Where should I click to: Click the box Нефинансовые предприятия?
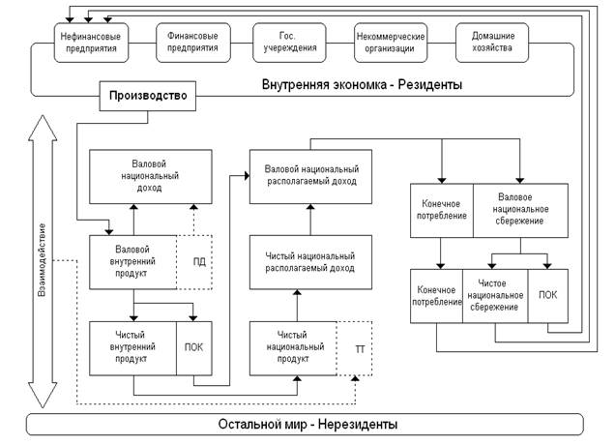(x=91, y=43)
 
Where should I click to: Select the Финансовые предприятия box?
(x=193, y=43)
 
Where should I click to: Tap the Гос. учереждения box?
(x=289, y=43)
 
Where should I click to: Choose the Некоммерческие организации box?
(x=391, y=43)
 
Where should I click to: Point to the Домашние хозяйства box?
(x=492, y=43)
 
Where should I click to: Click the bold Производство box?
(x=148, y=96)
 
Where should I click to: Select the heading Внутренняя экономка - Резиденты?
(x=362, y=84)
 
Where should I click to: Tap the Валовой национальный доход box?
(x=151, y=177)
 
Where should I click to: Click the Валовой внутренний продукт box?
(x=133, y=262)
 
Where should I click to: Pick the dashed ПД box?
(x=194, y=262)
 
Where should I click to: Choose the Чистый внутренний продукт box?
(x=133, y=348)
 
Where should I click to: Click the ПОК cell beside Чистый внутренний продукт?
(x=194, y=348)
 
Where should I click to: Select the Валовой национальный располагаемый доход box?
(x=310, y=177)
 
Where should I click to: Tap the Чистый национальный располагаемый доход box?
(x=310, y=262)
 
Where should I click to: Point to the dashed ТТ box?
(x=355, y=348)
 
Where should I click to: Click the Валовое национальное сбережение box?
(x=520, y=210)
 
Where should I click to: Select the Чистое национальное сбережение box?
(x=495, y=296)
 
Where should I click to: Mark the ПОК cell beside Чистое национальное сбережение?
(x=548, y=296)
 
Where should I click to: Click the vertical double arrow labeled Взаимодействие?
(x=43, y=261)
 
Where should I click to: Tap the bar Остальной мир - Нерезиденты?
(x=305, y=425)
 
